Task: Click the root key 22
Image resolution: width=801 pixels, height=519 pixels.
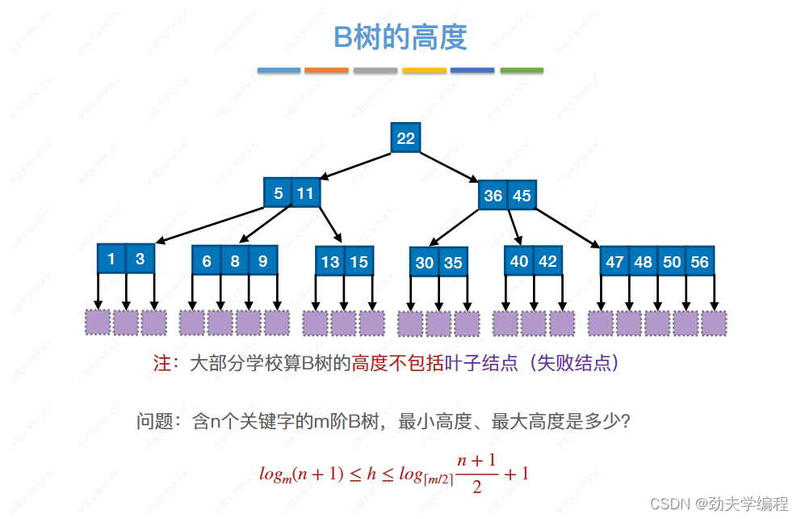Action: click(x=405, y=138)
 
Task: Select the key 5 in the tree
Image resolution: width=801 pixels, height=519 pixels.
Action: click(x=279, y=193)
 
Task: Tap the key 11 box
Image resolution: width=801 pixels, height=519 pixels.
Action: click(x=305, y=193)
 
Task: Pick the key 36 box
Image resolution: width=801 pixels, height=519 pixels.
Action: click(x=493, y=196)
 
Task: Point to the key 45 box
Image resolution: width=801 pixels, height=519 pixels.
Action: click(x=522, y=196)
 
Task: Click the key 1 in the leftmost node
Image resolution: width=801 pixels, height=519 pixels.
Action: click(x=111, y=259)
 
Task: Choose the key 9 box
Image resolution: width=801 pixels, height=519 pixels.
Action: click(x=263, y=261)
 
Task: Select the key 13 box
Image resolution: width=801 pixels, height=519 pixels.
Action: click(x=330, y=261)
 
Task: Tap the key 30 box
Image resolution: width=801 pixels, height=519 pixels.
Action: click(x=425, y=263)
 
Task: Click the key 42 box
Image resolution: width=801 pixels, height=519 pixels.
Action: click(x=547, y=261)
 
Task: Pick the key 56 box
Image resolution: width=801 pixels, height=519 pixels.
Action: click(x=699, y=262)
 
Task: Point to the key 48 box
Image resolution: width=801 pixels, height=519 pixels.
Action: click(x=644, y=262)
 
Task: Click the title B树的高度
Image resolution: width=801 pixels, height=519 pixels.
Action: click(x=400, y=37)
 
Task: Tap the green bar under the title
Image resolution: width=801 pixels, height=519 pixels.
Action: click(x=522, y=70)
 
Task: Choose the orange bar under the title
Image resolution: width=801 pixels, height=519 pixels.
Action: click(x=326, y=70)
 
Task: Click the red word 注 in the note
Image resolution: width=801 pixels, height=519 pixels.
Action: click(x=161, y=363)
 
